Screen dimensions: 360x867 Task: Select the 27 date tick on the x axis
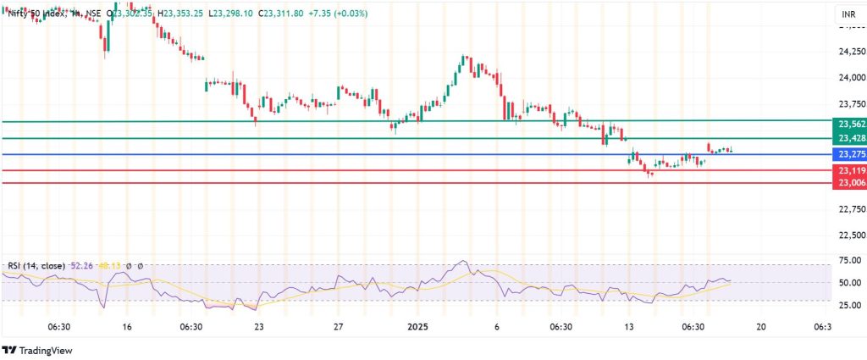point(338,326)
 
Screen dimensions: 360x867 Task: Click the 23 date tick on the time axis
point(258,326)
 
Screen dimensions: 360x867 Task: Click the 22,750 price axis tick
point(849,208)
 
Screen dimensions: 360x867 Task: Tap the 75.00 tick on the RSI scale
point(849,261)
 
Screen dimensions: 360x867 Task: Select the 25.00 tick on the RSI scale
point(849,304)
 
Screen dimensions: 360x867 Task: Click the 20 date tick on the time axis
point(760,326)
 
